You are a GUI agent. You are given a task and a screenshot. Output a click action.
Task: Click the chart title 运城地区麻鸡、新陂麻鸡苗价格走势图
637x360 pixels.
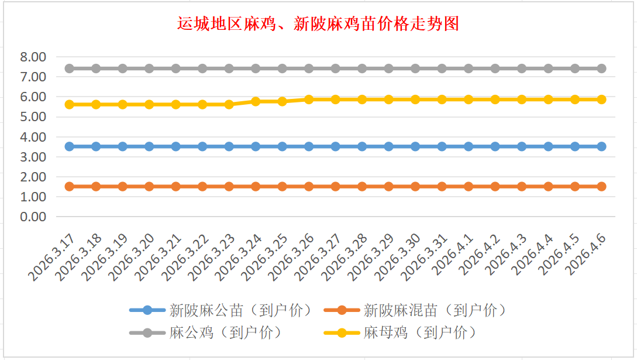pos(318,24)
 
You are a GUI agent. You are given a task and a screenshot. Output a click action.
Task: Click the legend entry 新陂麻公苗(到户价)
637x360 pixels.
pos(240,310)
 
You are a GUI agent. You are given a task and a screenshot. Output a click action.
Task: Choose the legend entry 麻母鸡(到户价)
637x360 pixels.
pos(419,333)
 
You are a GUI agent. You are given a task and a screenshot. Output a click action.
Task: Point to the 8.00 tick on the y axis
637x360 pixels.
pos(33,57)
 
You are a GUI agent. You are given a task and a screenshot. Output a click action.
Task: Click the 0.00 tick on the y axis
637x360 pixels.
pos(33,217)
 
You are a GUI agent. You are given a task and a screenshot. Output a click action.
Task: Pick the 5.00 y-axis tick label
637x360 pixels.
pos(33,116)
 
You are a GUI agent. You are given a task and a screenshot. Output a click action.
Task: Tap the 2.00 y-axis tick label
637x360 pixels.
pos(33,177)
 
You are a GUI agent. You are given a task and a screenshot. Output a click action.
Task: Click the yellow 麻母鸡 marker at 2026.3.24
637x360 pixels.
pos(256,101)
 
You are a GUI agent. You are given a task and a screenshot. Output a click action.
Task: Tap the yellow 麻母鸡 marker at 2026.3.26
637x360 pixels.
pos(309,100)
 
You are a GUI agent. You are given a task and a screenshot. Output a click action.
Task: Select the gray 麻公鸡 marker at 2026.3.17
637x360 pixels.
pos(69,68)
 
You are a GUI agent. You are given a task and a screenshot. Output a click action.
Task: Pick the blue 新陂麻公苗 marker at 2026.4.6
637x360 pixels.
pos(601,146)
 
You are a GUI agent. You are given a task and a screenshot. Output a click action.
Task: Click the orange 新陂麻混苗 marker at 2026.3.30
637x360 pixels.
pos(415,186)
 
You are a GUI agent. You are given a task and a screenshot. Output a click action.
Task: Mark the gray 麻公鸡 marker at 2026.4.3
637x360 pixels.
pos(522,68)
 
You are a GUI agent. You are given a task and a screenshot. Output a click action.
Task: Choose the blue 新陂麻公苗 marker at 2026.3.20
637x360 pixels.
pos(149,146)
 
